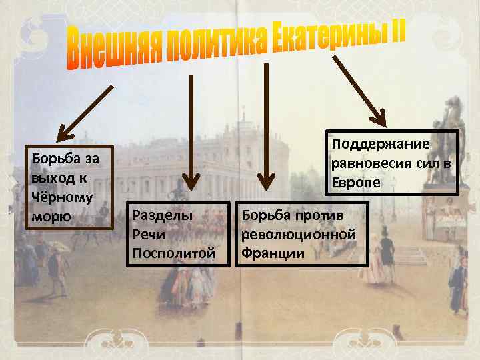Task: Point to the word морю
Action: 44,217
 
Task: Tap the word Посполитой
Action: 174,253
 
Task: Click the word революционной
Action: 298,235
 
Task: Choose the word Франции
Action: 273,253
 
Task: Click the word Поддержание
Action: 379,145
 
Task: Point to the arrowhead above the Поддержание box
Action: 380,119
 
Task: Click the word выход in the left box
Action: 49,179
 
